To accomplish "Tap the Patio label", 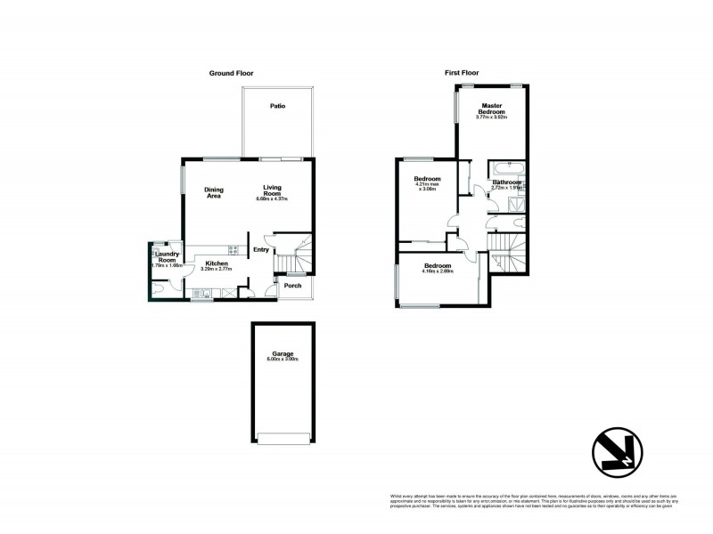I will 278,107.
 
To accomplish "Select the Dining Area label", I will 214,192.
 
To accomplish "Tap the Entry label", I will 260,250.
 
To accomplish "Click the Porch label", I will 292,287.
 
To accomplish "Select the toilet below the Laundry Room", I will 159,288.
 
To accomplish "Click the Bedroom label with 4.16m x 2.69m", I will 437,267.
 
